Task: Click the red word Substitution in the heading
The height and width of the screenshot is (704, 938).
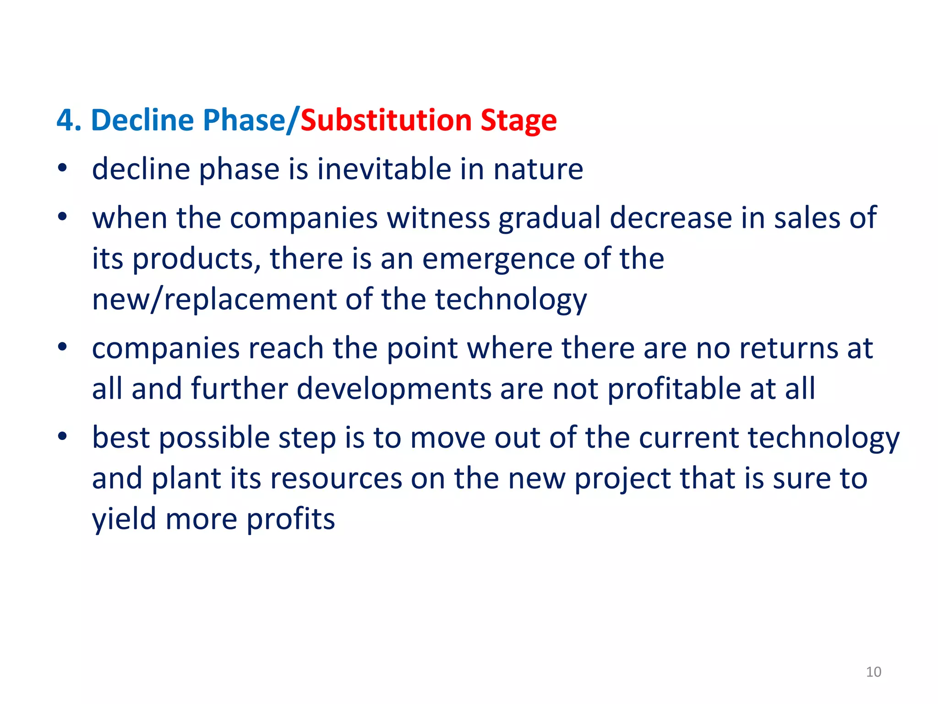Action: pyautogui.click(x=386, y=121)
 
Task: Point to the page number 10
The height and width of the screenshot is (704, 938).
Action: pyautogui.click(x=873, y=672)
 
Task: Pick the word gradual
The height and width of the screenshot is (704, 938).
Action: pyautogui.click(x=549, y=218)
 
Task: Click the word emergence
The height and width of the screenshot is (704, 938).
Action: pyautogui.click(x=498, y=259)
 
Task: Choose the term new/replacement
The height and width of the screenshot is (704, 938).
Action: pyautogui.click(x=214, y=300)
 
